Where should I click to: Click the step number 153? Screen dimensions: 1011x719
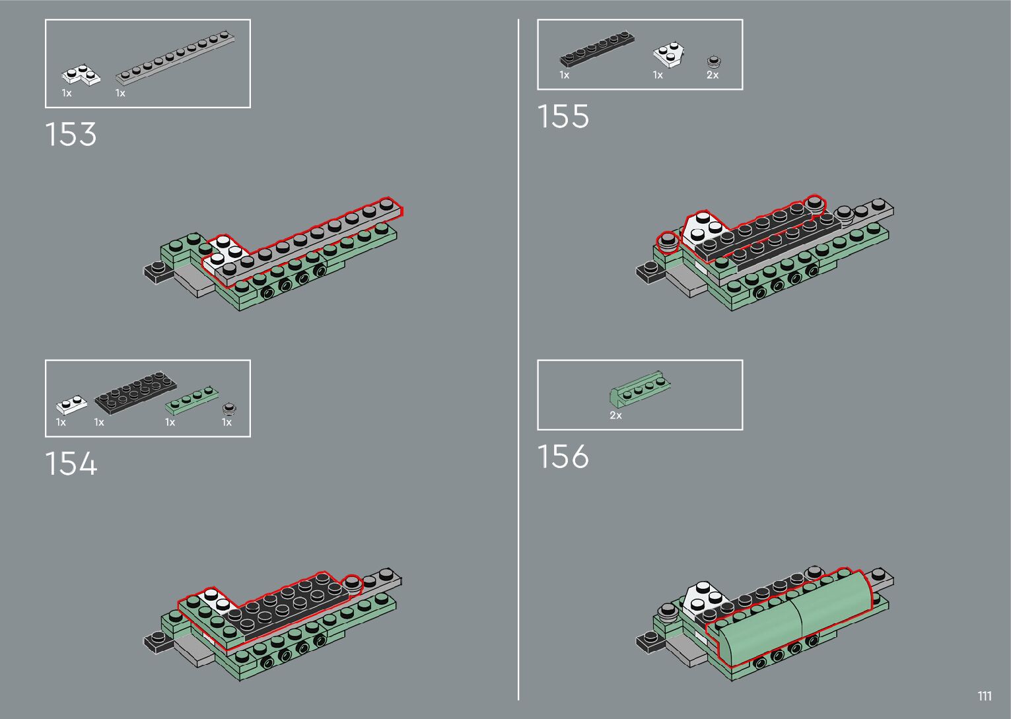tap(71, 134)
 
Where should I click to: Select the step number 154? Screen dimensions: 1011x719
tap(71, 463)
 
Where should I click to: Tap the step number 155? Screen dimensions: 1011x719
tap(563, 116)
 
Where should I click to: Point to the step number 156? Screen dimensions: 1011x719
tap(563, 457)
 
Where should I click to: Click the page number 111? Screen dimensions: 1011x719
tap(985, 697)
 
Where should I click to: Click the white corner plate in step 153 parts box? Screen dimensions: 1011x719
tap(81, 75)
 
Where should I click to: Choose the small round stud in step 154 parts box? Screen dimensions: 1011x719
tap(229, 407)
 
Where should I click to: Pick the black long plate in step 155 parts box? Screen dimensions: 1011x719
tap(598, 50)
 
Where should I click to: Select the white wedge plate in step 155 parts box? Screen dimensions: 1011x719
tap(670, 55)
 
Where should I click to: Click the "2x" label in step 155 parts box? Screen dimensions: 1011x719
tap(713, 75)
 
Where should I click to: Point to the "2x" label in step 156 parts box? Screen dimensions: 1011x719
tap(615, 415)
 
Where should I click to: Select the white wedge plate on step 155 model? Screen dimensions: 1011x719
tap(705, 232)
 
